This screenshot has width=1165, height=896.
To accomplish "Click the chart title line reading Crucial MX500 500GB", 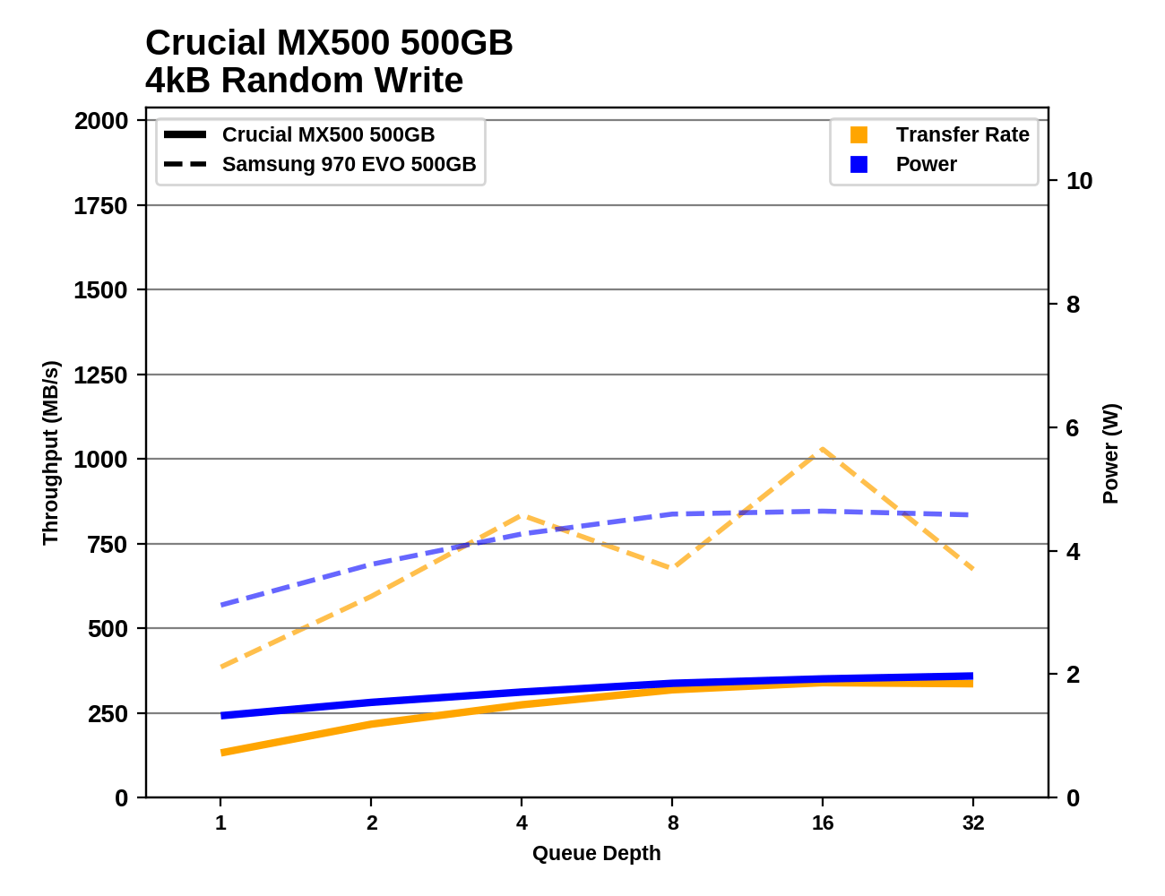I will [x=329, y=43].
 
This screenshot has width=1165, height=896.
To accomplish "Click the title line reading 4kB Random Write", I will [x=304, y=81].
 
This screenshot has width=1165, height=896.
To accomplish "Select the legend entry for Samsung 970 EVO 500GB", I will [x=349, y=165].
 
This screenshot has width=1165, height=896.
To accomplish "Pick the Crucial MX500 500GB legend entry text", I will [x=328, y=135].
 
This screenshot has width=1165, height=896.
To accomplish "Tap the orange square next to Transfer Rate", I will [x=859, y=135].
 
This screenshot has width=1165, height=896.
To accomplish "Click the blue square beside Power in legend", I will [x=859, y=165].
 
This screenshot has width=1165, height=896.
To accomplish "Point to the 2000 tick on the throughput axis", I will [x=101, y=121].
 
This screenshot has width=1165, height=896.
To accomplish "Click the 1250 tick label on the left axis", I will [x=101, y=375].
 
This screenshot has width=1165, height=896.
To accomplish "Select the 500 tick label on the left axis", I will [x=108, y=629].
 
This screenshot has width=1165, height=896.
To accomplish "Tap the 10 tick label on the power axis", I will [x=1079, y=181].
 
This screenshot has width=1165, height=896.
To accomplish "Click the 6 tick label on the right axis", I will [x=1073, y=428].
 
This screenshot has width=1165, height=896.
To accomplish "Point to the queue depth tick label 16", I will [x=823, y=823].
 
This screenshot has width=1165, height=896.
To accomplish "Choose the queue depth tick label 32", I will [x=973, y=823].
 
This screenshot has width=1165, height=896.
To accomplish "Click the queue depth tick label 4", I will [x=522, y=823].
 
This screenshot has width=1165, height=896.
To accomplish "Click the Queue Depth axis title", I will [x=596, y=854].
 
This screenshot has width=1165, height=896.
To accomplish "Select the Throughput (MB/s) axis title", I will [x=50, y=452].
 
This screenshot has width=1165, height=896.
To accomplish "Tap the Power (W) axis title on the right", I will [x=1110, y=453].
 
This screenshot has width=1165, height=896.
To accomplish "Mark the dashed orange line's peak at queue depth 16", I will [x=822, y=449].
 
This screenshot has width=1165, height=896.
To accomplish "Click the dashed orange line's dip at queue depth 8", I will [x=672, y=567].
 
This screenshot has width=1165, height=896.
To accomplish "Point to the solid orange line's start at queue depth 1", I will [x=221, y=753].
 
